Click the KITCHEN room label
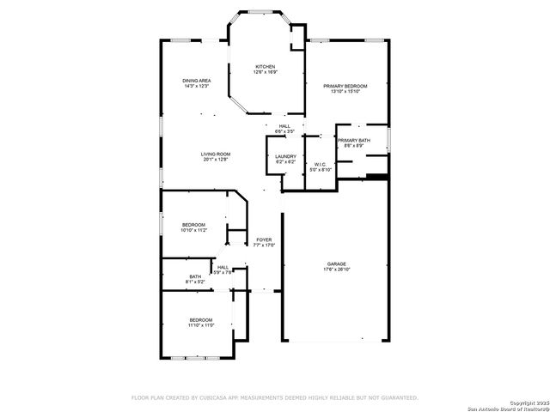[264, 66]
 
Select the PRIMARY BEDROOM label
[345, 86]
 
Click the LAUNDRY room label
[285, 156]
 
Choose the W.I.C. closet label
[320, 164]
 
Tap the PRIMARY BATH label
[353, 140]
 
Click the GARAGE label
[336, 264]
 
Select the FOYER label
[264, 239]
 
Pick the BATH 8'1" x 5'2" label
[196, 276]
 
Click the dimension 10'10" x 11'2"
[194, 231]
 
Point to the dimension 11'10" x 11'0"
[200, 325]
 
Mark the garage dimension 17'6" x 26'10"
[336, 270]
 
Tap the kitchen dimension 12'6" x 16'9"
[264, 72]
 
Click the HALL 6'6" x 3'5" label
[284, 129]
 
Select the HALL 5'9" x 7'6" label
[223, 270]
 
